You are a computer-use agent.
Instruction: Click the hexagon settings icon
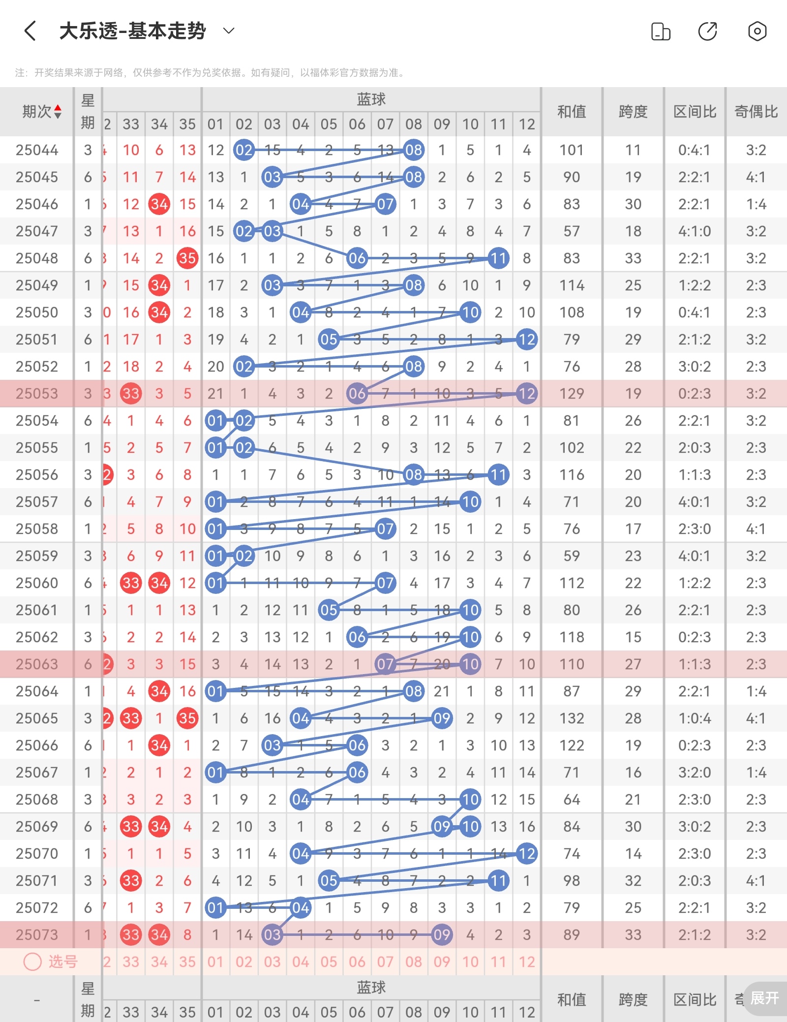[x=757, y=31]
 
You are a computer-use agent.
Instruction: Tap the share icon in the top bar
[x=707, y=31]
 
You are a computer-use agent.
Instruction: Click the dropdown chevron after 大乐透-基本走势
[x=229, y=31]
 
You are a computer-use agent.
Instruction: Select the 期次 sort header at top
[x=42, y=112]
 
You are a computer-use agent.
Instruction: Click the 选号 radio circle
[x=32, y=961]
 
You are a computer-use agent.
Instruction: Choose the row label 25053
[x=37, y=394]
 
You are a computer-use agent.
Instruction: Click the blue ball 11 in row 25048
[x=498, y=258]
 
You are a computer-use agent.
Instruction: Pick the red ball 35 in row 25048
[x=187, y=258]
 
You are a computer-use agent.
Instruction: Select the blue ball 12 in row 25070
[x=527, y=854]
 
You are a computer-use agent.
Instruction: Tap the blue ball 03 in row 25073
[x=272, y=935]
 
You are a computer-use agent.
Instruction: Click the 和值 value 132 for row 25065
[x=572, y=718]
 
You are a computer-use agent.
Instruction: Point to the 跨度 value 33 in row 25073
[x=633, y=935]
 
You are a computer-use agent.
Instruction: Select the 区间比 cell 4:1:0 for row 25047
[x=695, y=231]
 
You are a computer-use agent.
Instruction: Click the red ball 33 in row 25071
[x=131, y=881]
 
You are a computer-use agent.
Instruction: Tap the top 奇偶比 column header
[x=756, y=112]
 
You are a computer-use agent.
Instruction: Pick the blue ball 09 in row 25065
[x=442, y=718]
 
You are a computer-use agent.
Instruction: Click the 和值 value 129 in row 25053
[x=572, y=394]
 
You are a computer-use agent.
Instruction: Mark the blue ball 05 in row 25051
[x=329, y=340]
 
